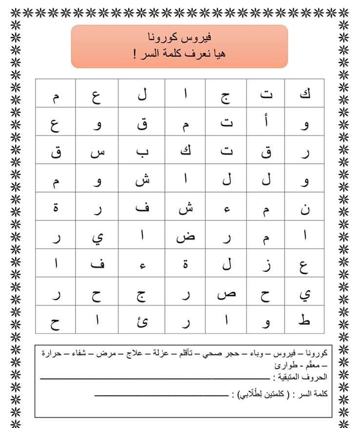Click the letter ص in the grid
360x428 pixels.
pyautogui.click(x=225, y=294)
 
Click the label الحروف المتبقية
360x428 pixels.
pyautogui.click(x=304, y=376)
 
